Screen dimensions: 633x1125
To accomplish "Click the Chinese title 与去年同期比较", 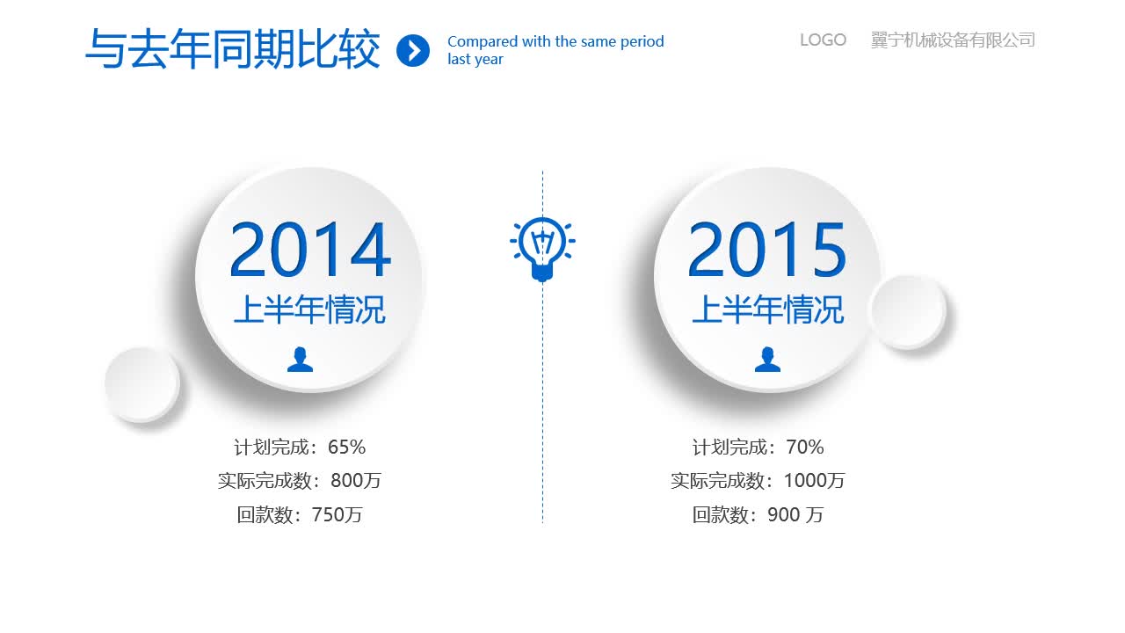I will [x=233, y=49].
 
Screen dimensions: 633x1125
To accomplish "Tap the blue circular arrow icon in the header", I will [x=413, y=50].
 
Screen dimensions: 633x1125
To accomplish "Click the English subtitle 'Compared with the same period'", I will [x=555, y=41].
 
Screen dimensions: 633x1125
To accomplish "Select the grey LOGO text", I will [x=823, y=40].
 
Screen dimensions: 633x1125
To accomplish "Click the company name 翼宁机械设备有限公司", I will [x=953, y=40].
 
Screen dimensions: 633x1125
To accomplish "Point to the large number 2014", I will [x=309, y=251].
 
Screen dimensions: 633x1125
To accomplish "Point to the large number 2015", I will [x=767, y=251].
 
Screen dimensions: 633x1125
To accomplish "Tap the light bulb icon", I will [x=542, y=249].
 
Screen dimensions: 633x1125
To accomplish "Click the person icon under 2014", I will [x=300, y=359].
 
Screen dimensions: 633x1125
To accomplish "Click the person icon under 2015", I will [x=767, y=359].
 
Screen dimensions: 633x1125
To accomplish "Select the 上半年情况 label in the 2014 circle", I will [x=309, y=309].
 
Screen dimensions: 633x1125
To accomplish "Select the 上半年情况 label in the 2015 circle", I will [x=767, y=309].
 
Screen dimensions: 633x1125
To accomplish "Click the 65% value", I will [x=346, y=447].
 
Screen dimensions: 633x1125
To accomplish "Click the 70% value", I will [x=805, y=447].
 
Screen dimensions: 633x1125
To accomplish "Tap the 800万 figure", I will [x=356, y=481].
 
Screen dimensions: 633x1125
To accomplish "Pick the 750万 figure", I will [x=337, y=515].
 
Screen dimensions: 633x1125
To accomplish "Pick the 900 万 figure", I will [x=795, y=515].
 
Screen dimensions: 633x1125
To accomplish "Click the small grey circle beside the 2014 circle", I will [x=142, y=384].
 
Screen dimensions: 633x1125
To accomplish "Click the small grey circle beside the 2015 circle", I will [x=907, y=311].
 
